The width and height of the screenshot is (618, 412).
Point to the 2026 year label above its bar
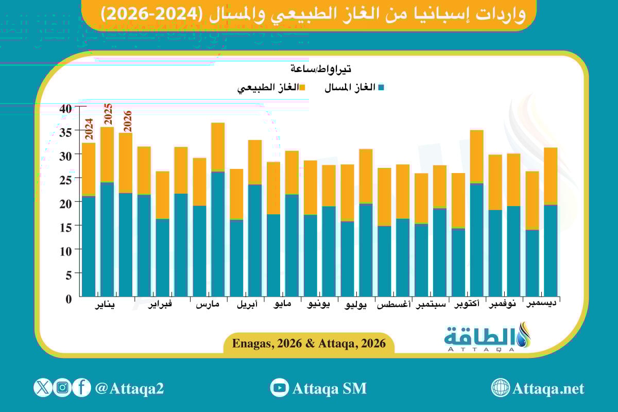tap(127, 121)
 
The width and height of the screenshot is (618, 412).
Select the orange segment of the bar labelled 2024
tap(89, 169)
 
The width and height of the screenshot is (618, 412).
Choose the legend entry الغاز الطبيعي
tap(271, 88)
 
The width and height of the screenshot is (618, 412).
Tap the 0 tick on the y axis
tap(68, 298)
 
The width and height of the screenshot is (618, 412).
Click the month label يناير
tap(106, 305)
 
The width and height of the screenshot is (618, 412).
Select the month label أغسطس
tap(393, 305)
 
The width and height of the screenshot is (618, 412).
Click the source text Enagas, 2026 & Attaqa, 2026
tap(309, 344)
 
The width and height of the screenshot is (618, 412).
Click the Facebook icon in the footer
tap(81, 387)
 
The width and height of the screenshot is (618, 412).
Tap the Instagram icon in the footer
tap(62, 387)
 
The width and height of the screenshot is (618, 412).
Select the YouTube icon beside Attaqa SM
tap(280, 388)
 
